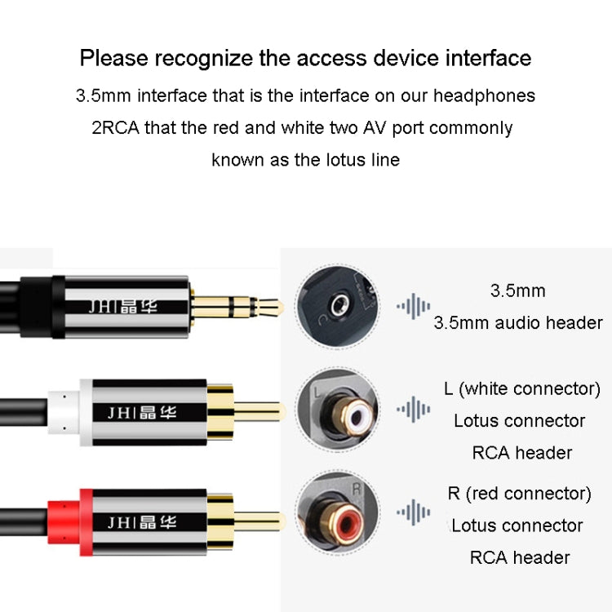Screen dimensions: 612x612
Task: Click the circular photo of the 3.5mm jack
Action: tap(337, 307)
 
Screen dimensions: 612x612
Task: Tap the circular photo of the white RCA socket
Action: tap(337, 410)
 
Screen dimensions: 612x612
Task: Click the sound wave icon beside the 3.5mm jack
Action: tap(413, 307)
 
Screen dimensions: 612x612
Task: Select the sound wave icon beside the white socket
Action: tap(413, 410)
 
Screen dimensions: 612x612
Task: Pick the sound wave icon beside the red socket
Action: tap(413, 512)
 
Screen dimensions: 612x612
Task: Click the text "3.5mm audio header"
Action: tap(517, 322)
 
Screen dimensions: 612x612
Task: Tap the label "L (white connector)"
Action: tap(521, 388)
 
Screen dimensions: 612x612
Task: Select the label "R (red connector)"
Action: tap(519, 493)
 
